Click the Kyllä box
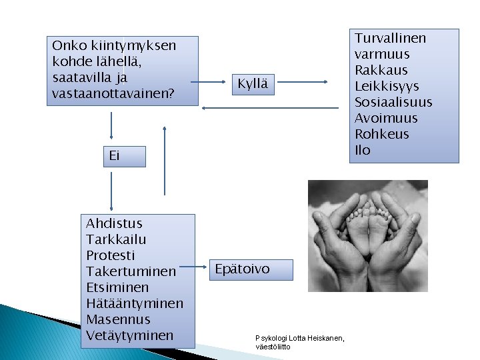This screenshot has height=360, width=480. [254, 84]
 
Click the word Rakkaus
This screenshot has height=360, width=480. [381, 70]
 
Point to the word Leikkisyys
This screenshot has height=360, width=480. [387, 86]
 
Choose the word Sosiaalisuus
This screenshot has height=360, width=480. [393, 102]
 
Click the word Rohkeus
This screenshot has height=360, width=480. [382, 134]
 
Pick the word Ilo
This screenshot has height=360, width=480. [363, 150]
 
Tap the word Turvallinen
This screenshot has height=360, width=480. [390, 38]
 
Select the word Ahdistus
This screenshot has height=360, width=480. [114, 223]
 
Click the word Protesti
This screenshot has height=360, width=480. [111, 255]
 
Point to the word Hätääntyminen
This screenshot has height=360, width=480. [135, 303]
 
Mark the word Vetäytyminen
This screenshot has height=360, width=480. [130, 335]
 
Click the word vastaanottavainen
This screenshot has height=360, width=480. [113, 94]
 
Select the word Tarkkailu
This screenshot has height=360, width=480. [116, 239]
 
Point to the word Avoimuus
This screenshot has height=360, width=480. [386, 118]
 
